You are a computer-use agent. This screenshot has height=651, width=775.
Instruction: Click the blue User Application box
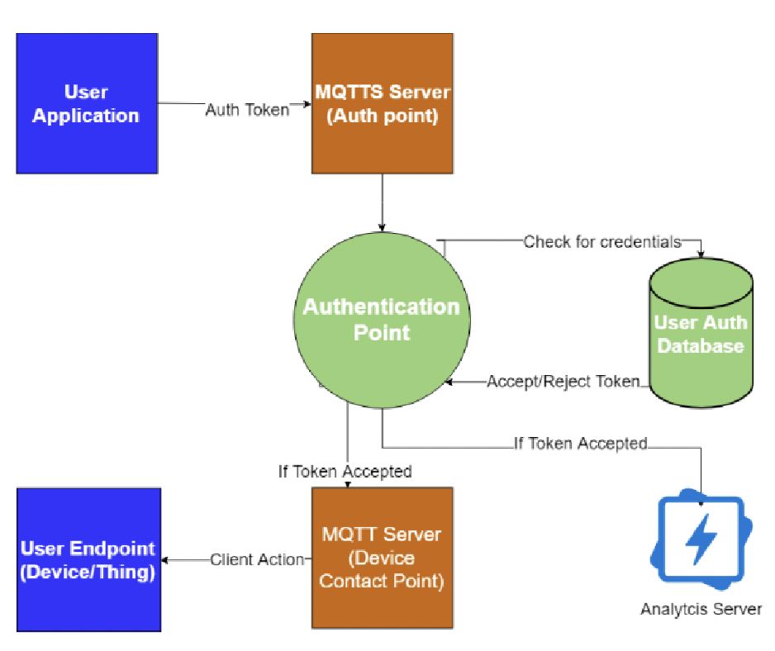point(87,103)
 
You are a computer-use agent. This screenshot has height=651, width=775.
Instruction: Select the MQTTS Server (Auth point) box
point(382,103)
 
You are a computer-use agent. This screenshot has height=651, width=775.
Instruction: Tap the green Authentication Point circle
point(382,320)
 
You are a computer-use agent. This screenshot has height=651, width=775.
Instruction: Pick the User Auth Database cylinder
point(701,333)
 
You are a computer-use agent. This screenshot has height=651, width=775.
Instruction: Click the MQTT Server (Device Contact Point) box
point(382,558)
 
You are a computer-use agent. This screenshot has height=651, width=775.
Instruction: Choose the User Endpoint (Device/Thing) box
point(89,559)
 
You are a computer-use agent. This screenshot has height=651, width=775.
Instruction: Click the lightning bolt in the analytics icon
point(701,539)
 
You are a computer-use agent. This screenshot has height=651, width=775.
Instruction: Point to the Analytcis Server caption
point(701,609)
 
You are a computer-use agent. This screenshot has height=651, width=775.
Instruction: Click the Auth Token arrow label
point(247,110)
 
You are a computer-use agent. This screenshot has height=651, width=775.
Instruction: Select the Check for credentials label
point(602,242)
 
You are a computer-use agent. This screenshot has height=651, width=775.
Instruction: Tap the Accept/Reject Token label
point(563,381)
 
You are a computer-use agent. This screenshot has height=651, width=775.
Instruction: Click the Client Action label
point(257,559)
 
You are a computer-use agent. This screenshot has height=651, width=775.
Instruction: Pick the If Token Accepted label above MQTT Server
point(345,472)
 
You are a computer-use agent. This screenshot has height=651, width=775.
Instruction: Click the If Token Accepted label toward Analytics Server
point(581,444)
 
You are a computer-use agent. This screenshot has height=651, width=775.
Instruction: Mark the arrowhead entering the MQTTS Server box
point(307,104)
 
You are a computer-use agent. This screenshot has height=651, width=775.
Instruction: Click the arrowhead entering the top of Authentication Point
point(382,227)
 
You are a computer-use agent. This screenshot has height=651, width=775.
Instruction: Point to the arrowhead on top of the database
point(701,254)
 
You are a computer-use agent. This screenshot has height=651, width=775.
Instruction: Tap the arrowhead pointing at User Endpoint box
point(165,560)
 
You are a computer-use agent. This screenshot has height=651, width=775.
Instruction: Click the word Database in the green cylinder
point(701,345)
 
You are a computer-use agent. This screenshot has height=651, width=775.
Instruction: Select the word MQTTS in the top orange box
point(349,92)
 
